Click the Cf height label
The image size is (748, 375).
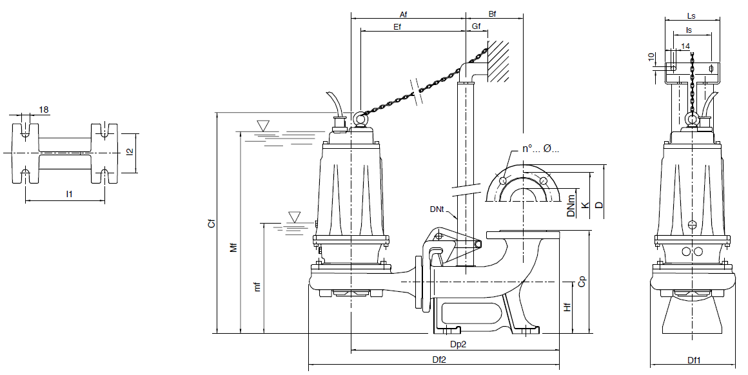[x=211, y=224]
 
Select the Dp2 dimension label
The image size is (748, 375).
[x=458, y=345]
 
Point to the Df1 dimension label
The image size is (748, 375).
[x=694, y=361]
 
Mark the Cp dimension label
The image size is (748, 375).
[x=582, y=282]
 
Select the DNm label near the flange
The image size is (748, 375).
[x=571, y=207]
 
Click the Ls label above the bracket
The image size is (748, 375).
[x=691, y=15]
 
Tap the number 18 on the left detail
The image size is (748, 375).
[x=44, y=110]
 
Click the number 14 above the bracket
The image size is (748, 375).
[x=685, y=46]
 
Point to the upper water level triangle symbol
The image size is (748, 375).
[x=263, y=124]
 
